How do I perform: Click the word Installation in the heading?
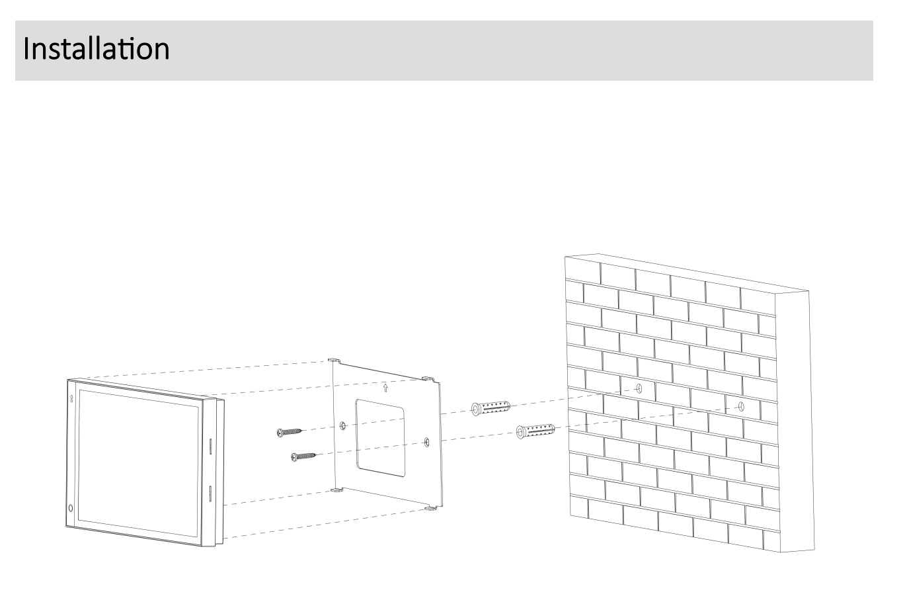pyautogui.click(x=96, y=50)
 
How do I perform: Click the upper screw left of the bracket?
pyautogui.click(x=289, y=432)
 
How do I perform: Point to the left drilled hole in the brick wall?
pyautogui.click(x=639, y=388)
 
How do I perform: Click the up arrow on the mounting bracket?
pyautogui.click(x=385, y=388)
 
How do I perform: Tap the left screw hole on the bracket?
pyautogui.click(x=342, y=425)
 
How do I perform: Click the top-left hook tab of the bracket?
pyautogui.click(x=334, y=361)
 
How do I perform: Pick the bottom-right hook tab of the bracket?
pyautogui.click(x=430, y=508)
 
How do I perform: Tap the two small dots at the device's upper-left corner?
pyautogui.click(x=71, y=400)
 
